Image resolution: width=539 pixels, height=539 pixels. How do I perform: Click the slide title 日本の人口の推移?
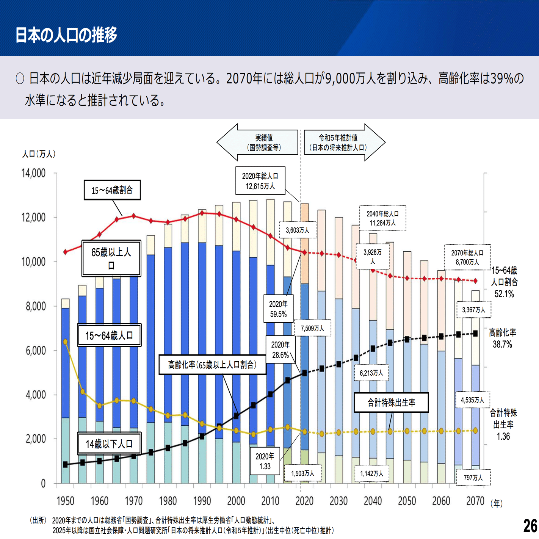(66, 35)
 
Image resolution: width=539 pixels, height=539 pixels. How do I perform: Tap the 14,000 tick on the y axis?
(33, 173)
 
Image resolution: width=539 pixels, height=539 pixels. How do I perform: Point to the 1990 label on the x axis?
(202, 501)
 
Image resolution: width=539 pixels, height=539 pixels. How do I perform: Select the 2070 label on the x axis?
(475, 501)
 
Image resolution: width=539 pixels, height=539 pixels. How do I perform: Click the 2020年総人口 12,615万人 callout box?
(260, 181)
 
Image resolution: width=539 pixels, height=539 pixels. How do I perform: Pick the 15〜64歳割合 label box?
(112, 190)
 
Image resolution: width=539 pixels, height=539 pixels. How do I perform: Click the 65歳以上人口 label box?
(111, 258)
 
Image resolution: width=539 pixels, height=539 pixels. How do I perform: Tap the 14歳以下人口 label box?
(109, 443)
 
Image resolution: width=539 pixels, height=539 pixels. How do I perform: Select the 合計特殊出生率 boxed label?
(391, 403)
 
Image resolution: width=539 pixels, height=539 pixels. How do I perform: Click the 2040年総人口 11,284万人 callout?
(382, 218)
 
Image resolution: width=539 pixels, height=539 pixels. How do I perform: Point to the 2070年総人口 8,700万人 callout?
(467, 257)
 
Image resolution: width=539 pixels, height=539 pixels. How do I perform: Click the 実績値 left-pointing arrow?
(258, 143)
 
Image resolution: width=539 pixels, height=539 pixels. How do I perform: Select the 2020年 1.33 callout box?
(265, 461)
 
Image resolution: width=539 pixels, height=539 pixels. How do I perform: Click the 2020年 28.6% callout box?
(280, 349)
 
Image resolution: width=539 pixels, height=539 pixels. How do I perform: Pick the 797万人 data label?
(473, 478)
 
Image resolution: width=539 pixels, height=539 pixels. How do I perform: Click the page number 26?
(530, 526)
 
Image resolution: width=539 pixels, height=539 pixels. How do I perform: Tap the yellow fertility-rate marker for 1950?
(65, 342)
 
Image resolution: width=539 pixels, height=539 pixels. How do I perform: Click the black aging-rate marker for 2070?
(475, 334)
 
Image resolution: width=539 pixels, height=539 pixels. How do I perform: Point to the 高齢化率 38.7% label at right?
(502, 338)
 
